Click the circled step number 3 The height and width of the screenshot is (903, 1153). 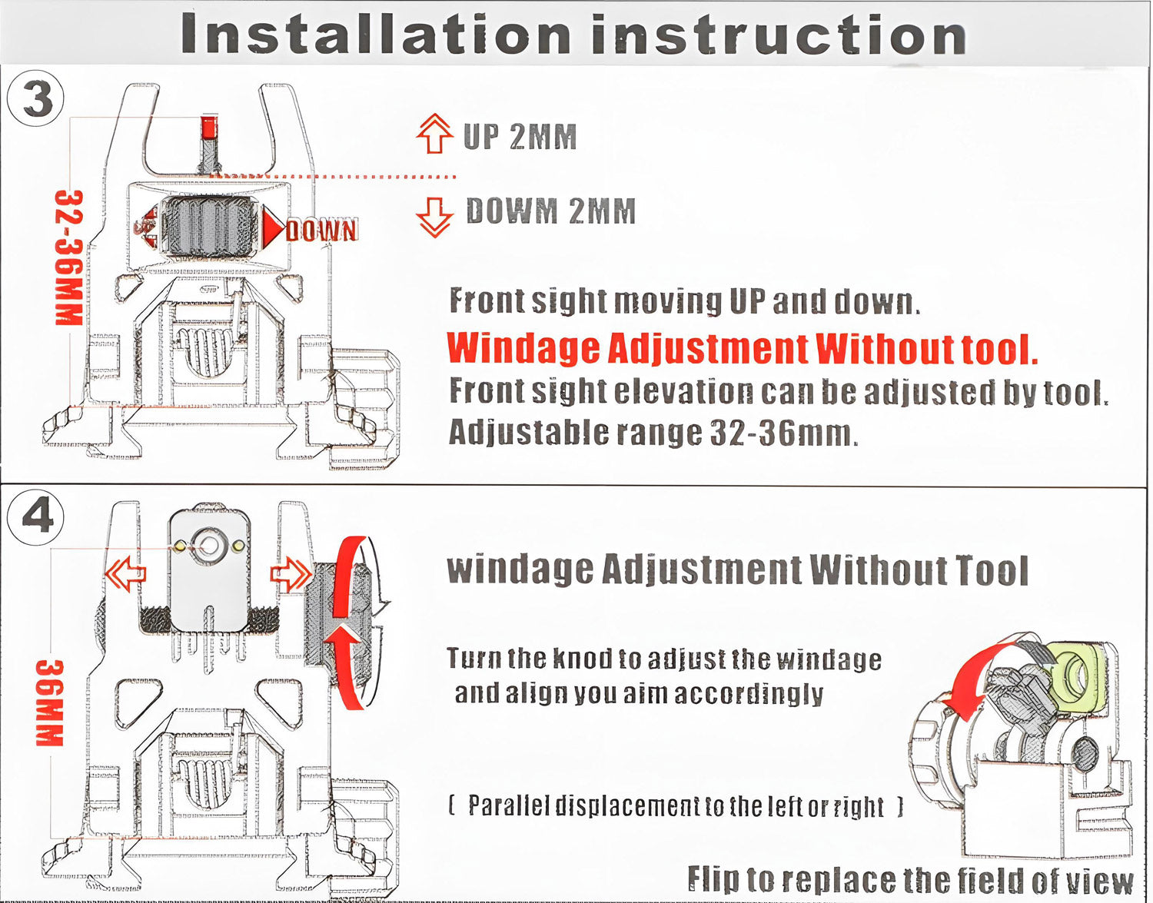click(x=35, y=99)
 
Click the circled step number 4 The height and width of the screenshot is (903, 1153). click(x=35, y=517)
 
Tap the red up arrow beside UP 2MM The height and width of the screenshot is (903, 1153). click(x=434, y=134)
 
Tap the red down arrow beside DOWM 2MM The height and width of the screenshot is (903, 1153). click(x=434, y=217)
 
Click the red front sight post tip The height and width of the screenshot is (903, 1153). click(x=210, y=128)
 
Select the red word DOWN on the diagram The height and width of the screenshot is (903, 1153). click(x=322, y=231)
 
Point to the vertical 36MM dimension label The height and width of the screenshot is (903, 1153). click(x=50, y=703)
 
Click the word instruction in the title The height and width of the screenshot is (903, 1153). click(x=779, y=34)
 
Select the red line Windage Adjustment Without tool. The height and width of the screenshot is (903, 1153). click(x=743, y=348)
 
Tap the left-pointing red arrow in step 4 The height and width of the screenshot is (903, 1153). click(x=125, y=573)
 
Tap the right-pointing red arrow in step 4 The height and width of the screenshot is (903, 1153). click(x=291, y=573)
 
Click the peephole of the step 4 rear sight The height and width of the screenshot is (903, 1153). click(x=209, y=545)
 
